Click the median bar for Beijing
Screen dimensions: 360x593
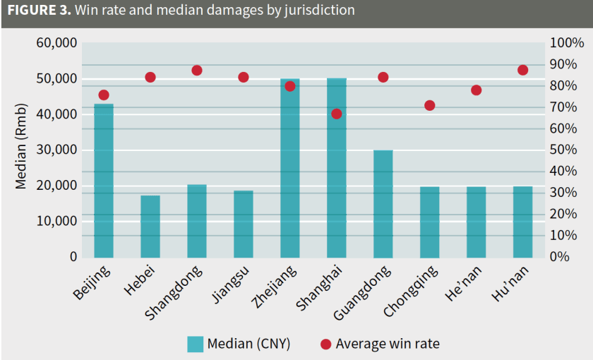tap(104, 181)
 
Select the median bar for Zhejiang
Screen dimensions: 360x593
tap(290, 168)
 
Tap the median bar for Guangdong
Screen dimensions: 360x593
tap(383, 203)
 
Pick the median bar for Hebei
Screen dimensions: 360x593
tap(150, 226)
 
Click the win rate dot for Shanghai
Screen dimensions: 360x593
tap(337, 114)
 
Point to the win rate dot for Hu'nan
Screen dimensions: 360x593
tap(522, 70)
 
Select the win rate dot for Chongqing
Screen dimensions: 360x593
tap(429, 106)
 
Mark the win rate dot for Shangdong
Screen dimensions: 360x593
tap(197, 71)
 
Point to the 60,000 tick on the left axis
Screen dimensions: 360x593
tap(56, 43)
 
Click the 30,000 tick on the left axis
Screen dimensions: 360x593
tap(56, 150)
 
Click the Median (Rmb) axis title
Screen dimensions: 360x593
tap(21, 147)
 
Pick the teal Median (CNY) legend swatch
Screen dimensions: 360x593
tap(195, 344)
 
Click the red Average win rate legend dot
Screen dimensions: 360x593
tap(325, 344)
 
